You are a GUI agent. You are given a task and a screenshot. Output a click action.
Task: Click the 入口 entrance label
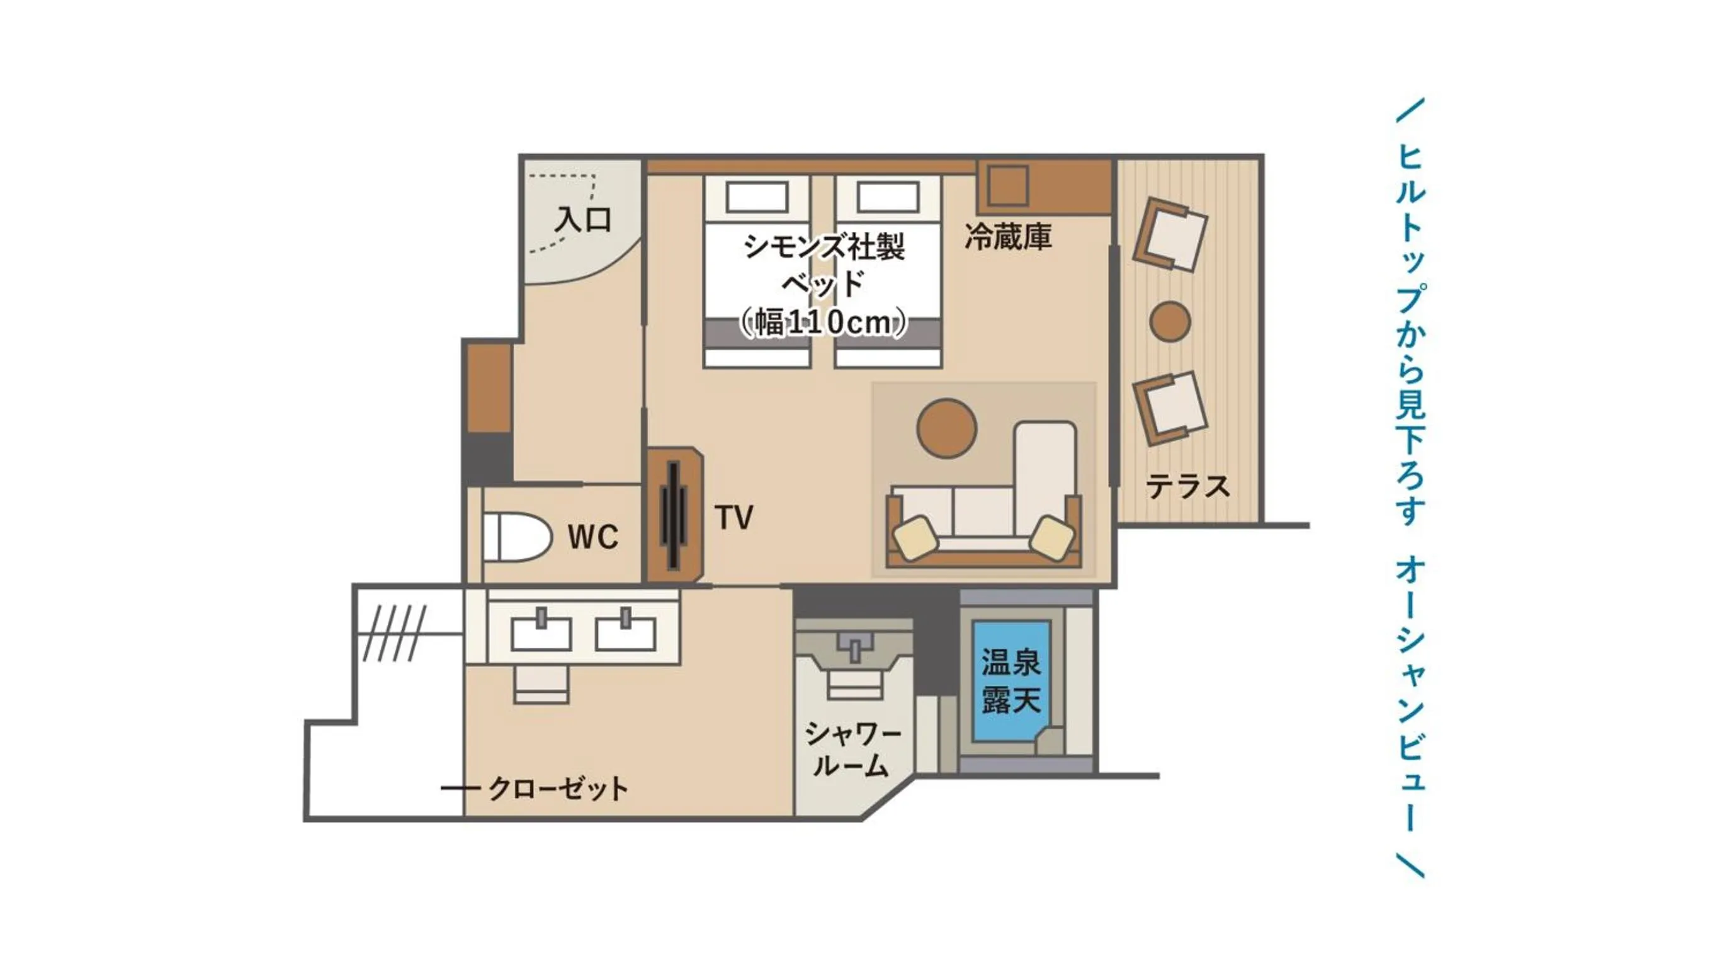582,220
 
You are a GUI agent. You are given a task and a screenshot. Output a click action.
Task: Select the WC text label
592,537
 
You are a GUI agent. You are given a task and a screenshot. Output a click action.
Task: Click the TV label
733,518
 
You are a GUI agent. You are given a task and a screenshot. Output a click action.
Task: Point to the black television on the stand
674,515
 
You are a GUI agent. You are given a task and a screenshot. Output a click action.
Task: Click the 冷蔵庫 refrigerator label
1007,237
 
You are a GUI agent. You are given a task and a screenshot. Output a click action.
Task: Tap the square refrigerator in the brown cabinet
1008,185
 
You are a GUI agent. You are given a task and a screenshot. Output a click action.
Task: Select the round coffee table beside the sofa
946,428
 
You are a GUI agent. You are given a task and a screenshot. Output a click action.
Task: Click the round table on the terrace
1170,321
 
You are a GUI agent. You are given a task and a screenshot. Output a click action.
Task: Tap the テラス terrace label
1188,486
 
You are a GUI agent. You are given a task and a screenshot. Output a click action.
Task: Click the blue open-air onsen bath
1011,680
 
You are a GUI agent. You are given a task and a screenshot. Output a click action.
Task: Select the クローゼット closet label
558,788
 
